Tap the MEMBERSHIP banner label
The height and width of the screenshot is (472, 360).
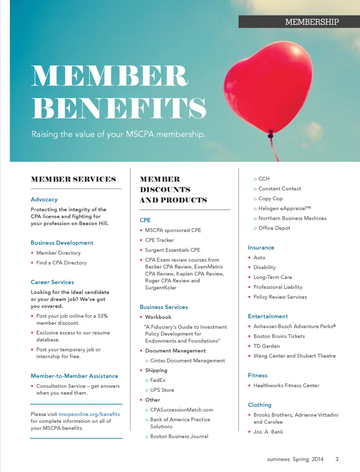tap(312, 22)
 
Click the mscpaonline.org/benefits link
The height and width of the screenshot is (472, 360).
tap(89, 414)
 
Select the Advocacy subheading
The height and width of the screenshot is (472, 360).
tap(44, 200)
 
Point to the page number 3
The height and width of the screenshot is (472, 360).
tap(337, 459)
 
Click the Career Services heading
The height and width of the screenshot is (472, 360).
tap(52, 282)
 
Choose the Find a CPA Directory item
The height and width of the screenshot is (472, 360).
tap(61, 263)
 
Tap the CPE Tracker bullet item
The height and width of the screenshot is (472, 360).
tap(159, 240)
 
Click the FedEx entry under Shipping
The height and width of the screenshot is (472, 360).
tap(157, 380)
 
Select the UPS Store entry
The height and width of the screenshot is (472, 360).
tap(162, 390)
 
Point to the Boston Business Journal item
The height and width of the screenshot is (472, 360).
tap(179, 436)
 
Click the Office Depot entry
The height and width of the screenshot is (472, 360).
tap(274, 228)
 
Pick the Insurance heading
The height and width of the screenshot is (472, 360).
tap(261, 248)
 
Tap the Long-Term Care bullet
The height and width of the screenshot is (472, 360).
tap(273, 277)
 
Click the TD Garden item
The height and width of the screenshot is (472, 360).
tap(266, 346)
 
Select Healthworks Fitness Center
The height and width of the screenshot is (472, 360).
tap(286, 385)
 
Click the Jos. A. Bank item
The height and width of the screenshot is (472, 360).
tap(268, 432)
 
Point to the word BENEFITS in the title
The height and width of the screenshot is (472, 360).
tap(119, 109)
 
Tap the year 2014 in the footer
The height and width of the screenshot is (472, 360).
tap(317, 459)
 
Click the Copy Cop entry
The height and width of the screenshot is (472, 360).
tap(270, 199)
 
